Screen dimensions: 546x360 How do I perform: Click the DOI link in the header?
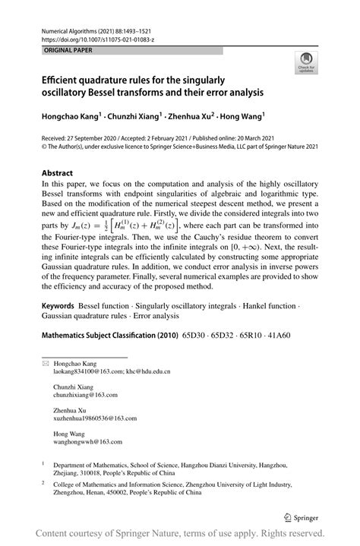pos(96,37)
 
